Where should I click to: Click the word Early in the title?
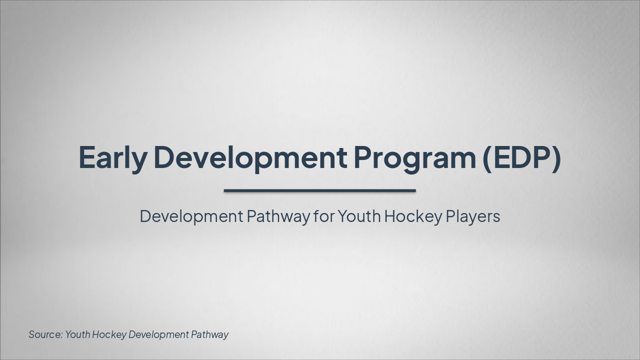click(113, 157)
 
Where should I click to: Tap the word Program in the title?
click(414, 157)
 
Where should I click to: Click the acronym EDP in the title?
click(521, 157)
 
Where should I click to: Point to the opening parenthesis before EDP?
click(487, 157)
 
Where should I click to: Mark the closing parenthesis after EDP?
click(556, 157)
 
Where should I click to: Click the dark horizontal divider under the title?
click(320, 190)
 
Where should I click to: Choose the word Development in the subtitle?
click(191, 216)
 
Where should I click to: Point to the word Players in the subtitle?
click(473, 216)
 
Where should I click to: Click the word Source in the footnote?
click(45, 334)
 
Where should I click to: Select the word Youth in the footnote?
click(78, 334)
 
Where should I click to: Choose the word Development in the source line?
click(158, 334)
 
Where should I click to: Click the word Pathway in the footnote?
click(209, 334)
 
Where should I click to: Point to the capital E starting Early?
click(87, 157)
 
